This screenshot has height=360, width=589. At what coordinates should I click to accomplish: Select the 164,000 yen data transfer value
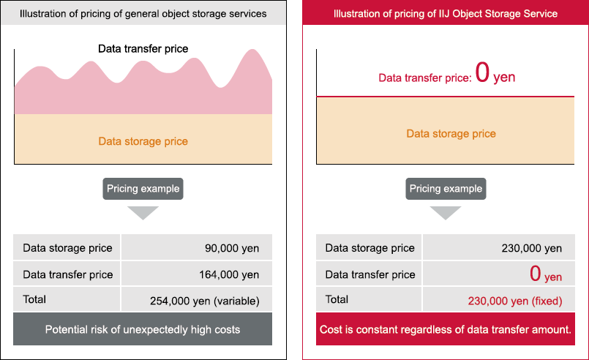(229, 274)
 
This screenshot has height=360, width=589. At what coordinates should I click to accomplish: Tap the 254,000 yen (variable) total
(205, 301)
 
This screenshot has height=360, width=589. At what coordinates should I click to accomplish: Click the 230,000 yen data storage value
(531, 248)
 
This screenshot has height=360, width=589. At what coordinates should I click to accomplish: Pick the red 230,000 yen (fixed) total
(515, 301)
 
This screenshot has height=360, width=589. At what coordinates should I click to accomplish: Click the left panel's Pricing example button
(143, 189)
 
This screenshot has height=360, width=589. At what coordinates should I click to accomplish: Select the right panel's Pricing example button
(446, 189)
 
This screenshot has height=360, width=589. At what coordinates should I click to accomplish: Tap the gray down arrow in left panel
(143, 212)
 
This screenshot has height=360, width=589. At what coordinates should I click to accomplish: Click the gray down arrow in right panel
(446, 212)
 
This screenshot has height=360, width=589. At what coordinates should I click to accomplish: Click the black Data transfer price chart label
(143, 49)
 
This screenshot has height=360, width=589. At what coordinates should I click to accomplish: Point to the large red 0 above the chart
(482, 72)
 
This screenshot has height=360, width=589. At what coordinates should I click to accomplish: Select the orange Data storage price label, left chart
(143, 141)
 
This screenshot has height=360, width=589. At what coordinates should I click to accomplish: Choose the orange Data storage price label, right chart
(451, 134)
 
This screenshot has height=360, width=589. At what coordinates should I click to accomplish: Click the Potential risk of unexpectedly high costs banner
(143, 329)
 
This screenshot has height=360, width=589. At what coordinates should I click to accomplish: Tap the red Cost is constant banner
(446, 329)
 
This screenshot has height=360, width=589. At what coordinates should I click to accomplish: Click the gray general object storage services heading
(143, 13)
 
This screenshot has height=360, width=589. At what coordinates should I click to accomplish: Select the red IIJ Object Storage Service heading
(446, 13)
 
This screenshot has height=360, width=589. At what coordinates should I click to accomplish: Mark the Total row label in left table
(34, 299)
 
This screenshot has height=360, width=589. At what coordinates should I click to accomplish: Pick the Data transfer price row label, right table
(370, 274)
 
